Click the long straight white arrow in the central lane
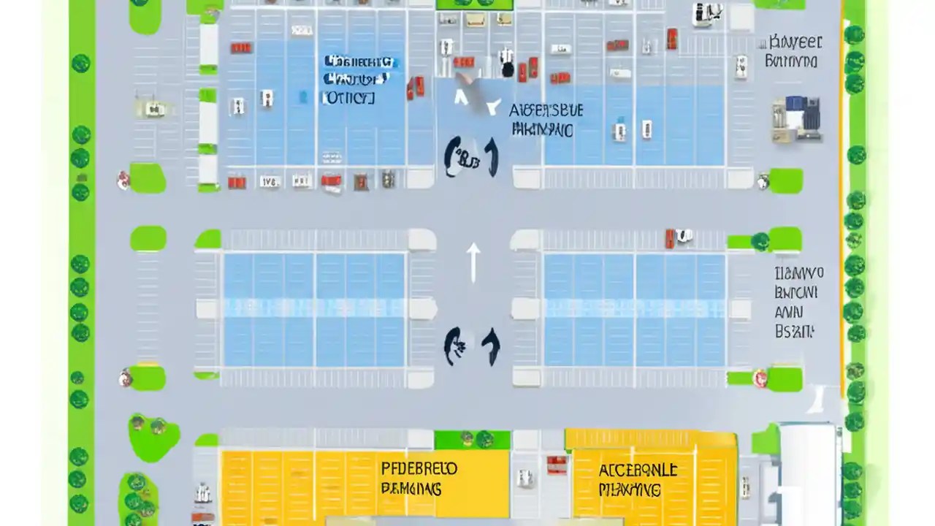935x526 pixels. tap(473, 262)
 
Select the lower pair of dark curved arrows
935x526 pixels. tap(471, 345)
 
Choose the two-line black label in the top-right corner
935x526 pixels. tap(793, 51)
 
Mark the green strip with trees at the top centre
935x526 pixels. tap(474, 4)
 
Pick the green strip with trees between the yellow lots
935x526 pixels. tap(473, 440)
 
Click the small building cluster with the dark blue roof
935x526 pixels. tap(796, 118)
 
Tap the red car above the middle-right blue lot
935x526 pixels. tap(669, 237)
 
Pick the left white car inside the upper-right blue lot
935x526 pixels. tap(619, 131)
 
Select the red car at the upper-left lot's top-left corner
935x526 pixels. tap(240, 48)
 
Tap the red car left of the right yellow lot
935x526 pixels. tap(557, 465)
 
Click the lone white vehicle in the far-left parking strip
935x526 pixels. tap(154, 110)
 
